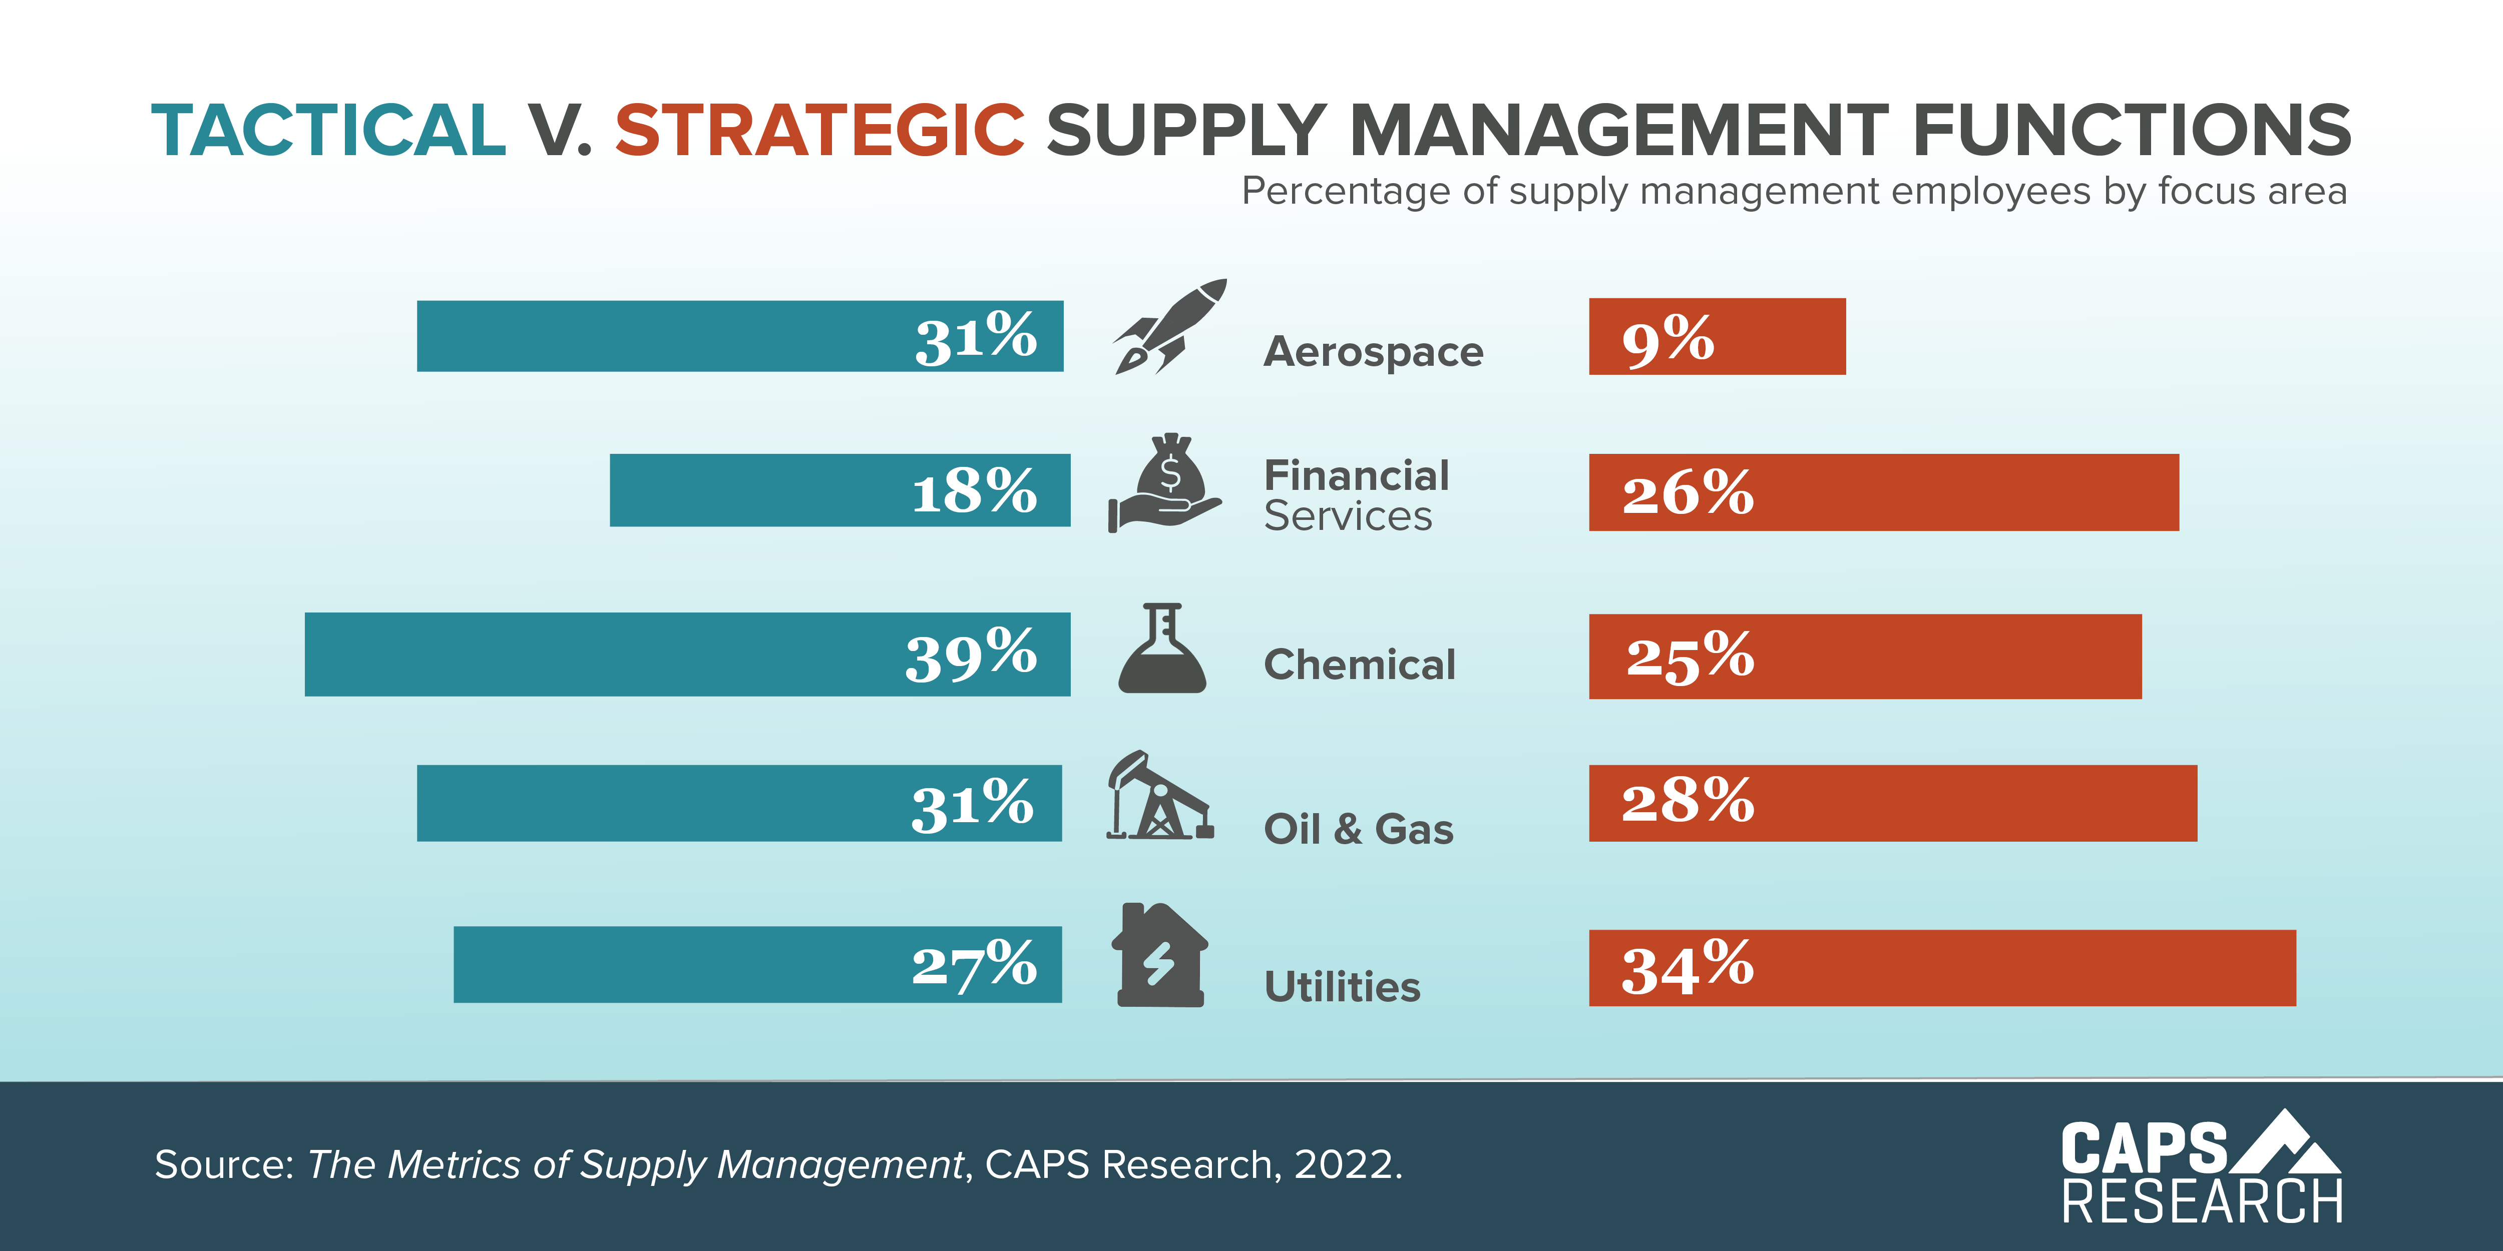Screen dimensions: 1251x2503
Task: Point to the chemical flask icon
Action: (x=1162, y=649)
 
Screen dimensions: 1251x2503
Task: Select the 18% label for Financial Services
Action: (x=974, y=490)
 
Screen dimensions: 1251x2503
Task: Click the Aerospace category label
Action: (x=1373, y=352)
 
